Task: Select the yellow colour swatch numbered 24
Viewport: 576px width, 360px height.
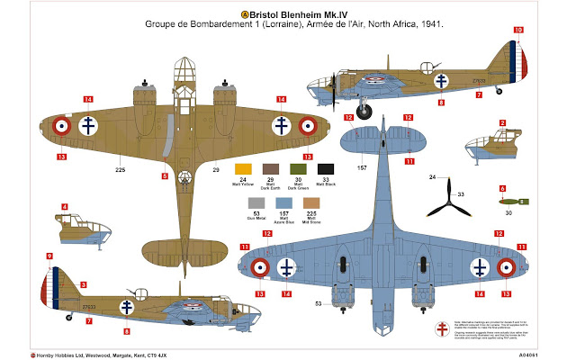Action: point(241,169)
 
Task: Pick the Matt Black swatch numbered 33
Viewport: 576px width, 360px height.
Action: point(327,169)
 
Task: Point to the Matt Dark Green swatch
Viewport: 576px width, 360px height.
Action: point(298,169)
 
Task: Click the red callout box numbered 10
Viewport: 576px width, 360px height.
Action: point(518,31)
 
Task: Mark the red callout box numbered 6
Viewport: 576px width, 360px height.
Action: point(502,188)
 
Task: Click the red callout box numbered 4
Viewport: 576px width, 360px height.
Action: point(65,207)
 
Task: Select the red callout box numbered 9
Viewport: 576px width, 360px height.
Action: point(49,256)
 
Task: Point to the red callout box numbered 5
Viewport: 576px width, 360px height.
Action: point(165,177)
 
